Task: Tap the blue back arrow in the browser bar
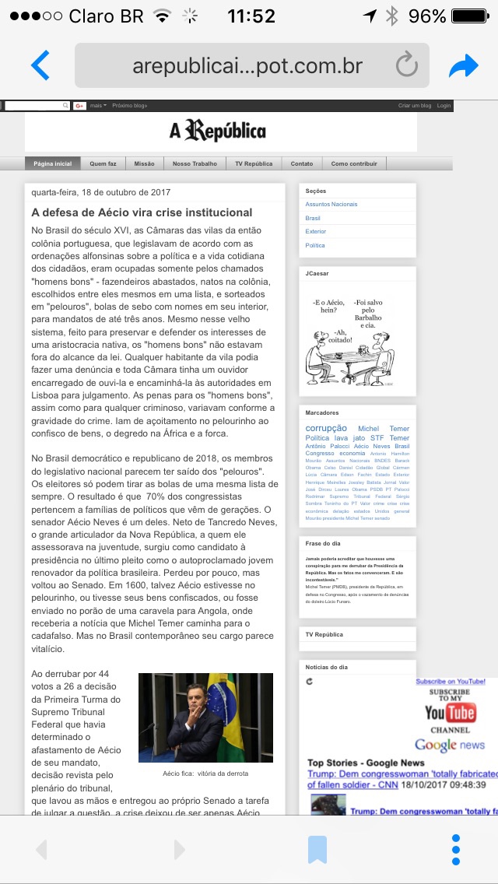coord(40,65)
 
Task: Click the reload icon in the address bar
coord(406,65)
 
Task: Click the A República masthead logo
coord(218,131)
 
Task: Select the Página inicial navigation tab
coord(52,163)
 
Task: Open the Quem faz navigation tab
coord(103,163)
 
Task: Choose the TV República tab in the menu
coord(254,163)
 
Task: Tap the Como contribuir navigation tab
coord(354,163)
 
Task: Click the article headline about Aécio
coord(142,212)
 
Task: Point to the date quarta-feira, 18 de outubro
coord(101,192)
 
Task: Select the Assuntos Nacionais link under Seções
coord(331,204)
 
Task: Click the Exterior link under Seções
coord(316,231)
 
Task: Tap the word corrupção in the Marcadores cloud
coord(326,428)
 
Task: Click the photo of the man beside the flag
coord(205,717)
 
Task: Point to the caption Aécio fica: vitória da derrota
coord(205,773)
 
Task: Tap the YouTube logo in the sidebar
coord(450,712)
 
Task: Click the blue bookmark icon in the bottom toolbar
coord(317,849)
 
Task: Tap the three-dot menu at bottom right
coord(456,849)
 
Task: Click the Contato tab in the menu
coord(302,163)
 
